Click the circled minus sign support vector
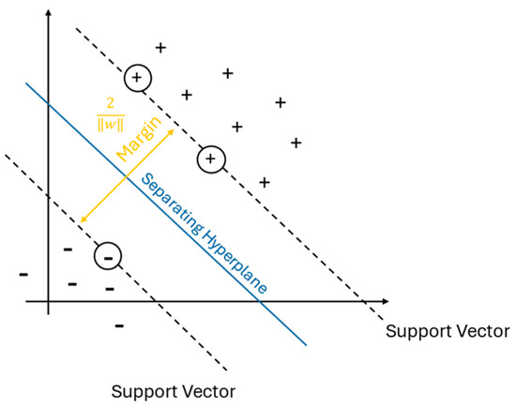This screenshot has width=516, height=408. [108, 256]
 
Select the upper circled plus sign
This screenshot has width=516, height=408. [138, 78]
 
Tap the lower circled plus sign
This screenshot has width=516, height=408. [211, 159]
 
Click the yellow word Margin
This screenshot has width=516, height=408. [139, 139]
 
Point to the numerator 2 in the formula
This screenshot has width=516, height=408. [111, 104]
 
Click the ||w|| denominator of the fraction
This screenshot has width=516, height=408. [111, 125]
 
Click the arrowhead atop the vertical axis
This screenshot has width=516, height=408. [49, 12]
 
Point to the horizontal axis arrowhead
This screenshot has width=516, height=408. [385, 301]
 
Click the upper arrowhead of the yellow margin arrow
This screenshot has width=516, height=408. [171, 131]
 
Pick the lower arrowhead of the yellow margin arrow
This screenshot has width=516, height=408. [83, 219]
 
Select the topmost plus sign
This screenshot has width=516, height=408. [160, 48]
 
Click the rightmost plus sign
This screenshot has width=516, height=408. [296, 144]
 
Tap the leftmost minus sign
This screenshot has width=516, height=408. [23, 275]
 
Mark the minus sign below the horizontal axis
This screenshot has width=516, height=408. [119, 326]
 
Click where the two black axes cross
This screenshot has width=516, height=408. [49, 301]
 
